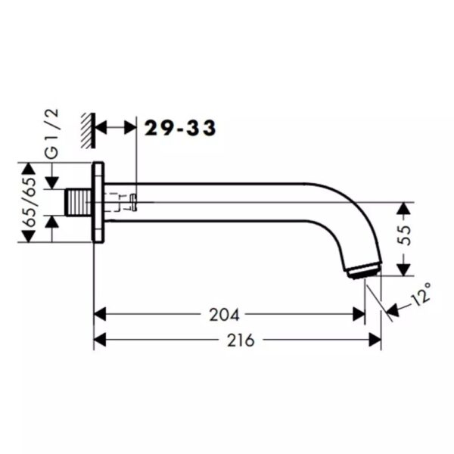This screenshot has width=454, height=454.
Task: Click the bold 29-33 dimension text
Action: coord(180,128)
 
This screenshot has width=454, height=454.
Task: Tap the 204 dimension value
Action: coord(225,315)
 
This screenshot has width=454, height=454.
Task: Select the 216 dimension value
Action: coord(241,340)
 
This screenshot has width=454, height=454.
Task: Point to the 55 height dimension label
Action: coord(405,235)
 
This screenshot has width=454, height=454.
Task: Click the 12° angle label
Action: coord(421,294)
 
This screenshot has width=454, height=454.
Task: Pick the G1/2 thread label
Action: coord(52,134)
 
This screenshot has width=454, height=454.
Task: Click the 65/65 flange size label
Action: coord(30,202)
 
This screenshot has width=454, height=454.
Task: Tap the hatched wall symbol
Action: coord(88,131)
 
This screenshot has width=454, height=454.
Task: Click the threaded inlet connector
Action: coord(79,202)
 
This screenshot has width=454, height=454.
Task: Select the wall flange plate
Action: coord(98,202)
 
